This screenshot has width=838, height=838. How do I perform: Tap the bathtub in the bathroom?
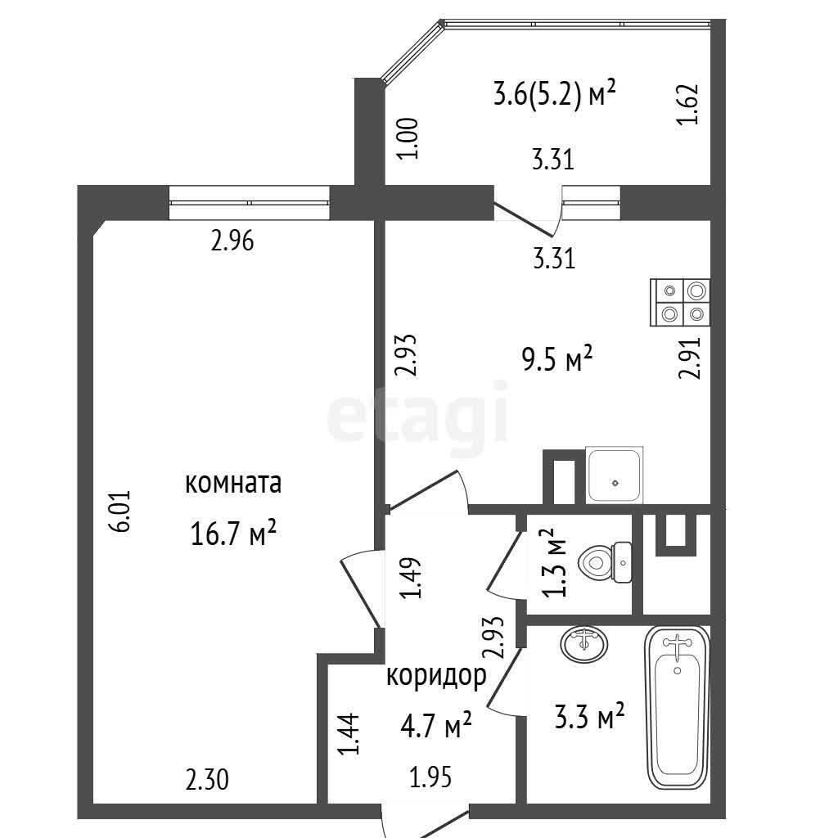[677, 708]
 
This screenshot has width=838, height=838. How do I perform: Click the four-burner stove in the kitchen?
[680, 303]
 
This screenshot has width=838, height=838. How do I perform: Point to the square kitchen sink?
[614, 475]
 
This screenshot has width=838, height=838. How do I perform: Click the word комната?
[233, 483]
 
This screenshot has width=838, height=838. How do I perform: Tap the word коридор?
[436, 677]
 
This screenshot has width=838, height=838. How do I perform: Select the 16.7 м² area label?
[233, 534]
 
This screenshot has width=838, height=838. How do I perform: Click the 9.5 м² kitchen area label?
[557, 358]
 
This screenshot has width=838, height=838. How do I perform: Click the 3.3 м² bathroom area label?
[589, 717]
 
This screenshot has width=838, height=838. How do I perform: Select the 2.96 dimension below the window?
[232, 241]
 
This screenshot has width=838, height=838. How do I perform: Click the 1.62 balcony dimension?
[687, 105]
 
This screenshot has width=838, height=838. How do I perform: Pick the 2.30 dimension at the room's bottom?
[207, 780]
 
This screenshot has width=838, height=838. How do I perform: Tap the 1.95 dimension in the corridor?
[430, 777]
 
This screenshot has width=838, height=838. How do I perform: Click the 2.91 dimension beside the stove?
[689, 358]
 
